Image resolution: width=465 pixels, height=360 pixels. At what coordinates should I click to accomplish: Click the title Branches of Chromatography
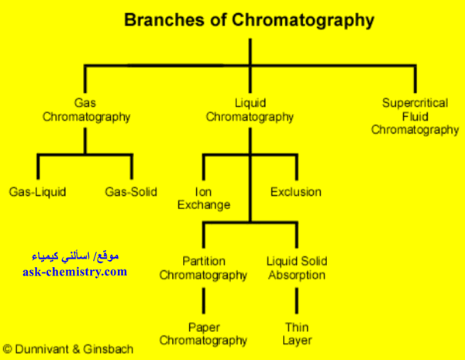tap(250, 20)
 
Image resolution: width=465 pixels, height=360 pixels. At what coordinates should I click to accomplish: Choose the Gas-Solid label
tap(131, 191)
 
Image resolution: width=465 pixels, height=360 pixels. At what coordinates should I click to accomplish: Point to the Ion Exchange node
tap(204, 198)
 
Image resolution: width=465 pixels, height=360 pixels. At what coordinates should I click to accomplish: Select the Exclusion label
tap(295, 191)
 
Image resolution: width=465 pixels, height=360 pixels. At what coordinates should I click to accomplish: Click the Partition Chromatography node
tap(204, 267)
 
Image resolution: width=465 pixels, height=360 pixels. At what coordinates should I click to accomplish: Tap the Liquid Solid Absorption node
tap(296, 267)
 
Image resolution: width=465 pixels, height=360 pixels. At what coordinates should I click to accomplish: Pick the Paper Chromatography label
tap(204, 334)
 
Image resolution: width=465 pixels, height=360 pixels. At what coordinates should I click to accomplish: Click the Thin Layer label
tap(296, 334)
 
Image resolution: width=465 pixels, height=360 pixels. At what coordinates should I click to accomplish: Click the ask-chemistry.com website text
tap(74, 272)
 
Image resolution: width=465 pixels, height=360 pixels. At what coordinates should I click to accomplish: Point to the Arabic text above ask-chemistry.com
tap(74, 256)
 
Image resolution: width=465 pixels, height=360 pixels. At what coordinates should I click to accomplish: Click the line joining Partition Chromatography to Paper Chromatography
tap(204, 301)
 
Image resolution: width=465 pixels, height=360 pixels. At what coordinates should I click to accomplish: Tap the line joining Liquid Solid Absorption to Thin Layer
tap(296, 301)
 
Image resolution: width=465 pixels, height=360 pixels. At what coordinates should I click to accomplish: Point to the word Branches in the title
tap(160, 20)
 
